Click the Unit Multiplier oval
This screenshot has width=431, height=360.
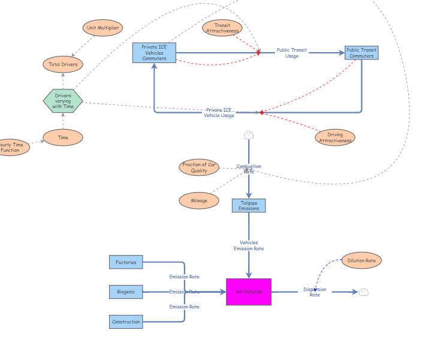click(103, 28)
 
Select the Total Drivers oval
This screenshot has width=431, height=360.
click(63, 64)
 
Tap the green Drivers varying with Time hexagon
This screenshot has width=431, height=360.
click(63, 101)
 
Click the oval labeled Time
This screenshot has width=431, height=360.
click(63, 137)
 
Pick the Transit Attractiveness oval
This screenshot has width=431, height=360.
click(222, 28)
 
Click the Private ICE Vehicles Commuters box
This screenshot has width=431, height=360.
click(154, 53)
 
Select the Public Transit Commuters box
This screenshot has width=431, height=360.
click(361, 53)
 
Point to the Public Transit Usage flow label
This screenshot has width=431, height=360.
click(292, 53)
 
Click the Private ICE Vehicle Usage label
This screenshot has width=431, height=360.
click(219, 112)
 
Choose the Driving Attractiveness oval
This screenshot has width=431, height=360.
click(335, 137)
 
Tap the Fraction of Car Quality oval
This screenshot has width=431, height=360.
click(199, 167)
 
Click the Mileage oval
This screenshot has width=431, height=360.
click(199, 200)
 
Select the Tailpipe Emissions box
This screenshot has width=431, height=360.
click(249, 205)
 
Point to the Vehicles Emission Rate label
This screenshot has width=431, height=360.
click(249, 245)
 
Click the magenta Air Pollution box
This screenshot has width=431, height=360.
click(249, 292)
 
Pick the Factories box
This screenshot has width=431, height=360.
click(126, 262)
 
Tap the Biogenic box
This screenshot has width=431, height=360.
click(126, 292)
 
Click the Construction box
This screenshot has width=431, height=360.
click(126, 322)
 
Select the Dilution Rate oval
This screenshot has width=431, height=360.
click(361, 260)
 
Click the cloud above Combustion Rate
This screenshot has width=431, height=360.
click(249, 136)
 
